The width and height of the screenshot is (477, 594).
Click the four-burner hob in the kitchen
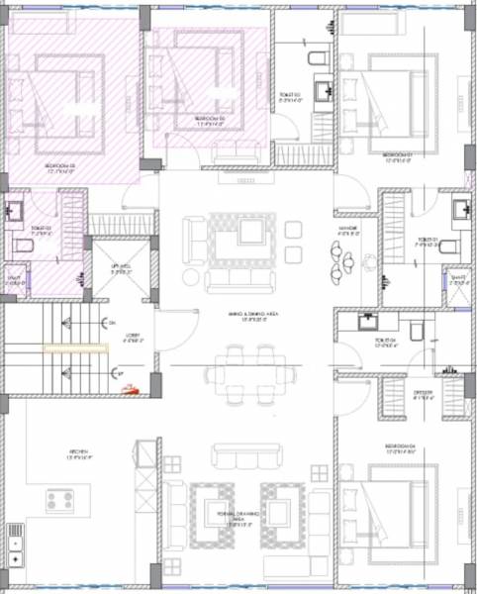pos(57,501)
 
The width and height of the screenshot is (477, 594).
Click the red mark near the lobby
pos(127,390)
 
